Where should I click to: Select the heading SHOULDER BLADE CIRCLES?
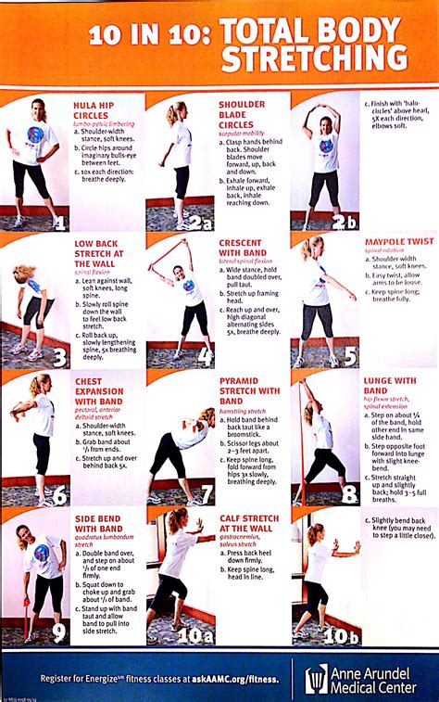click(x=243, y=116)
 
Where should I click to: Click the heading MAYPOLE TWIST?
click(x=397, y=242)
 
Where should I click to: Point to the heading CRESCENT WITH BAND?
click(x=244, y=248)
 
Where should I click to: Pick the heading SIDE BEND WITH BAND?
click(x=96, y=523)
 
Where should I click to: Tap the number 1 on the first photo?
click(x=57, y=223)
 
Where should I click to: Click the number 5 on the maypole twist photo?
click(x=349, y=357)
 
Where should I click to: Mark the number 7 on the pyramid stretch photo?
click(x=206, y=494)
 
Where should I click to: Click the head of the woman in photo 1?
click(x=37, y=109)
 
